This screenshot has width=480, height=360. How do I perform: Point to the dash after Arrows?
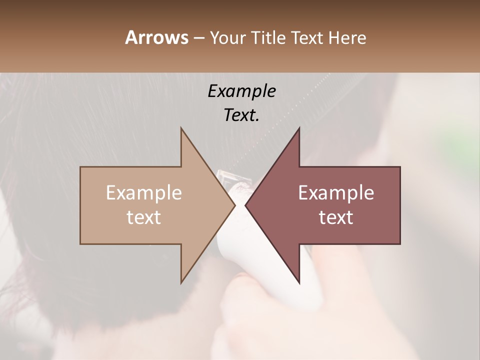198,38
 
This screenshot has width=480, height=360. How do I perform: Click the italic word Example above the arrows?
241,91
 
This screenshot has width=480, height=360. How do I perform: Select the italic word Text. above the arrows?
241,115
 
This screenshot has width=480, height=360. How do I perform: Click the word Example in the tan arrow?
143,193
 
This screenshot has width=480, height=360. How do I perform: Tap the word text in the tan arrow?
143,217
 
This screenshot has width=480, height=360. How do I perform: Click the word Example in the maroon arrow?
336,193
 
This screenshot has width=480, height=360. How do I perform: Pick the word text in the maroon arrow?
336,217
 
